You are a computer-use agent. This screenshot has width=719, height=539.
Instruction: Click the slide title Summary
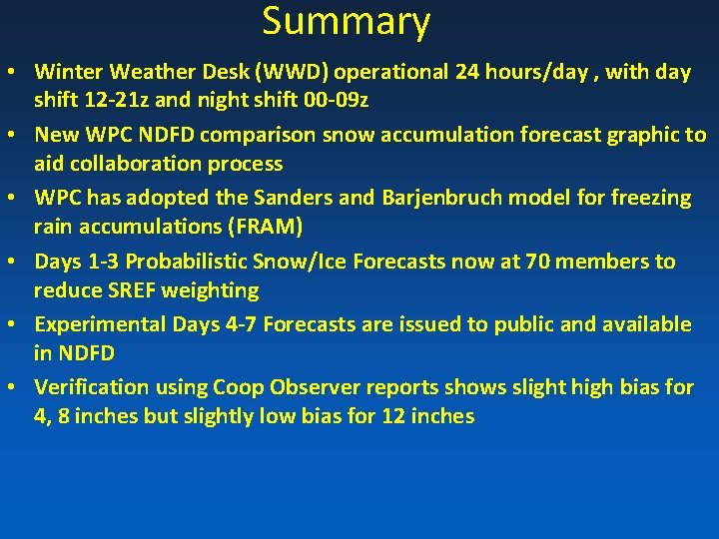(346, 22)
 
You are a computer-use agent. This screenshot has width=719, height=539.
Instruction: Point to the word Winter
(68, 72)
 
